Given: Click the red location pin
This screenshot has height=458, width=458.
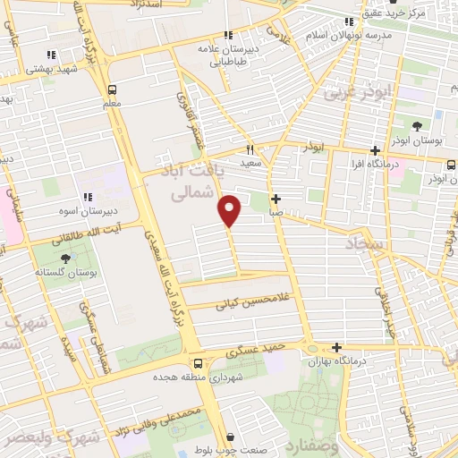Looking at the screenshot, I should (230, 210).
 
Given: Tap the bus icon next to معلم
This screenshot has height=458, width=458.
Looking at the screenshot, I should (112, 89).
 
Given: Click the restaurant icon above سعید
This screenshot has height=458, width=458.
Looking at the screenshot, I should (251, 149).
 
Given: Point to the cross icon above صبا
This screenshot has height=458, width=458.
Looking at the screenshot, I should (276, 199).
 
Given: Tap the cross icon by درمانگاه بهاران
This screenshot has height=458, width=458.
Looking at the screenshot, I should (336, 347).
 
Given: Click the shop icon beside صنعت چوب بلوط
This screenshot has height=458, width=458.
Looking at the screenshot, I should (232, 437).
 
